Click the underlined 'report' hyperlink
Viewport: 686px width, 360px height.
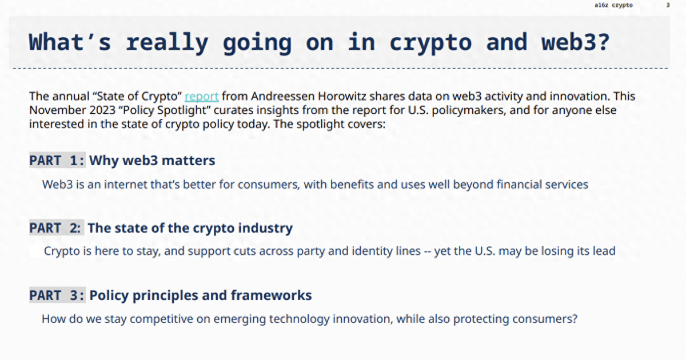point(201,97)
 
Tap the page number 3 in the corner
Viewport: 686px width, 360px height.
point(668,5)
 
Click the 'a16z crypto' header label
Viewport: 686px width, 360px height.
point(613,5)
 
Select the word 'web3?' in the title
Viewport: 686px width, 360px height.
point(576,42)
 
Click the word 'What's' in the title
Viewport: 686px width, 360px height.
point(70,42)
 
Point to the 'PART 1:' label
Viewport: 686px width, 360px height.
point(57,160)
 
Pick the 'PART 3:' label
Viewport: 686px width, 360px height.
point(57,295)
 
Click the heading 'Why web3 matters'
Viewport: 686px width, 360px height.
point(152,161)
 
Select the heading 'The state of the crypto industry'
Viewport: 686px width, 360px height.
point(190,228)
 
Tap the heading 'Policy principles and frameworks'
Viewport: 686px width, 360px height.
point(201,295)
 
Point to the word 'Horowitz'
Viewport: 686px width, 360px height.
point(342,97)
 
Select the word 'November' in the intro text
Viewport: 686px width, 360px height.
point(58,110)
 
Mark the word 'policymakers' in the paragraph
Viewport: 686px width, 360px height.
point(469,110)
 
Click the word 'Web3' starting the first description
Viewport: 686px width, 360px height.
point(58,185)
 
